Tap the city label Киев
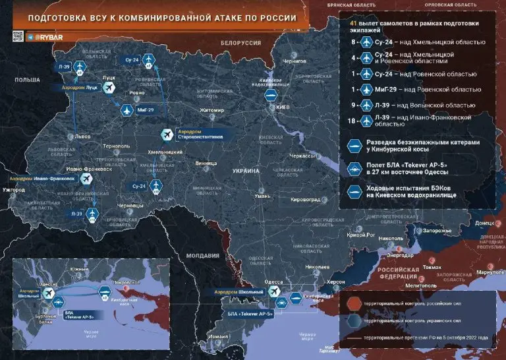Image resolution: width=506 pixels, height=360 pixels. [x=282, y=107]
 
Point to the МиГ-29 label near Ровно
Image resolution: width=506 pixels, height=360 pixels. [x=146, y=109]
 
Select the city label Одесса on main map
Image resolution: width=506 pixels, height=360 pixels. [x=273, y=282]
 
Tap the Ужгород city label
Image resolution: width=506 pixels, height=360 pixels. [x=13, y=190]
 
